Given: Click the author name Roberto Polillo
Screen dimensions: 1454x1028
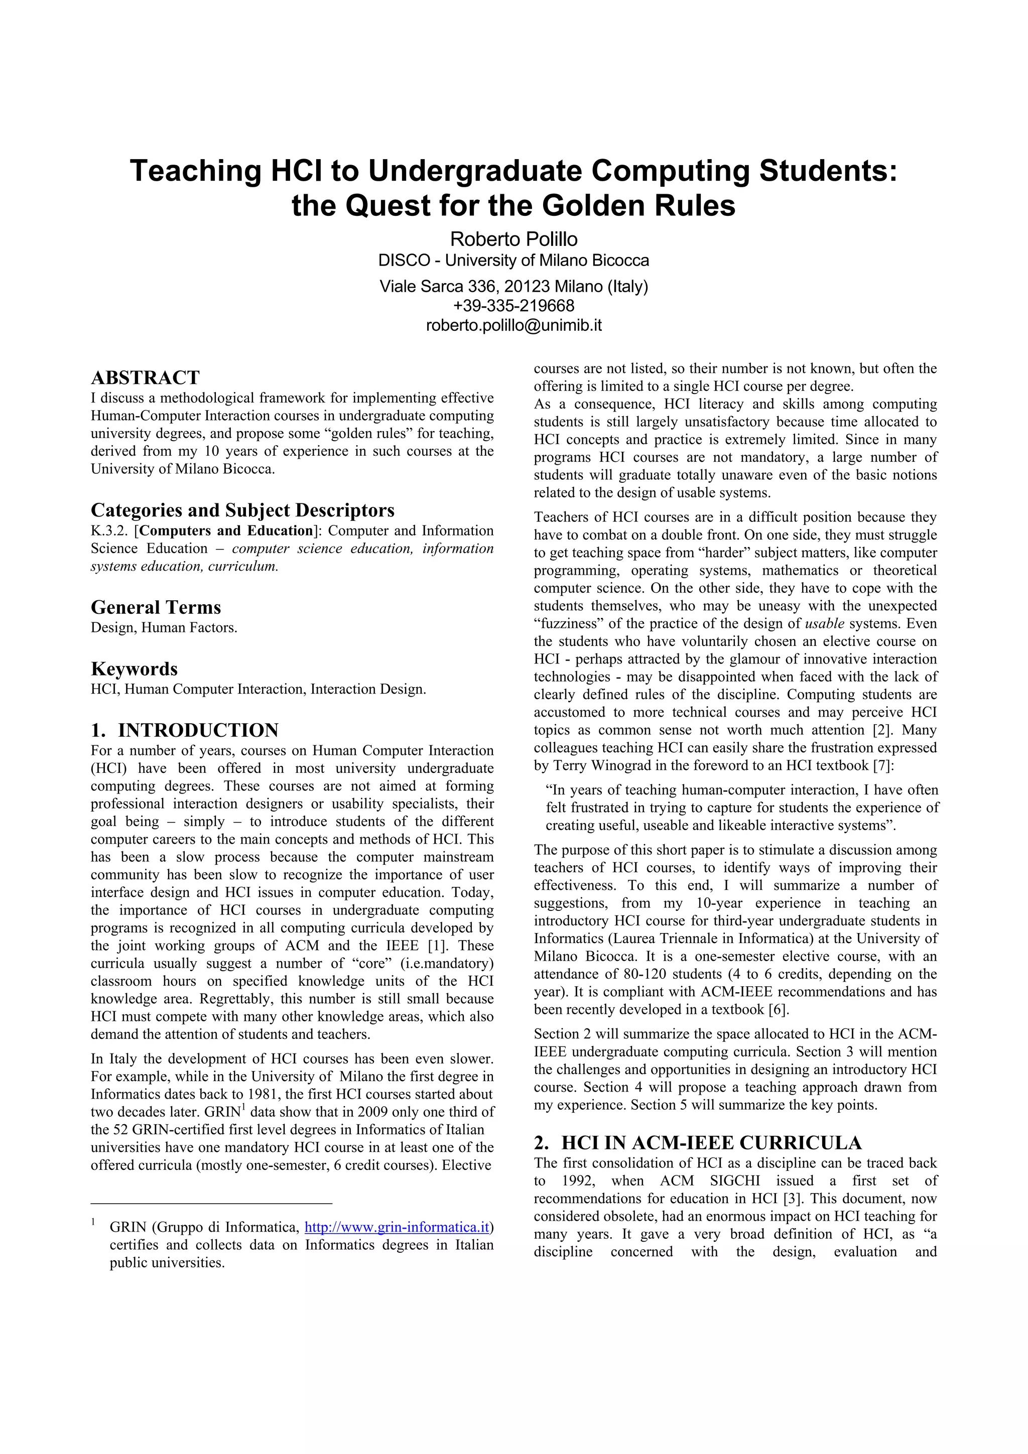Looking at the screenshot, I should [x=513, y=239].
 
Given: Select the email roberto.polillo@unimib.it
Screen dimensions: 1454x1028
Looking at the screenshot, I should [x=513, y=326].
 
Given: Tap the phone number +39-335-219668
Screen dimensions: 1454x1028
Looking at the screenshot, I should [x=513, y=306].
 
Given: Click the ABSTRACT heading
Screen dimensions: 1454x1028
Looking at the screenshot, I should [x=145, y=378].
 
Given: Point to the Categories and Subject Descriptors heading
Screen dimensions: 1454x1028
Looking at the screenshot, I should [x=242, y=510].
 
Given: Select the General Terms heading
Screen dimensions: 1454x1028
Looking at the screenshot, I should [x=156, y=608].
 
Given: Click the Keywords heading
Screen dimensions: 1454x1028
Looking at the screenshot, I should [x=135, y=670].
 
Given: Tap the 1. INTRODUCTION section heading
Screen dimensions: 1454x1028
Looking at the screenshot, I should [x=184, y=731].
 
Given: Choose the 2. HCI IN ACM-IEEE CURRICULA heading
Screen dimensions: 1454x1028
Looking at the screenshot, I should [x=697, y=1143].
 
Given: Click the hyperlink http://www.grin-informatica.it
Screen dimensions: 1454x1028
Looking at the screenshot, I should [x=397, y=1227].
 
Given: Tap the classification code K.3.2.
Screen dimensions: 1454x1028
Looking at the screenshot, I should [x=109, y=531].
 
